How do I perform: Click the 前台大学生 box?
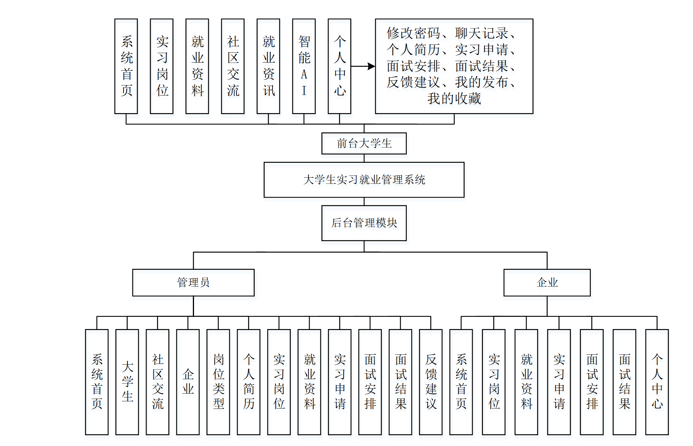point(364,143)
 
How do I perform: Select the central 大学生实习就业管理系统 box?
point(364,180)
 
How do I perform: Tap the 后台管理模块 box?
point(364,223)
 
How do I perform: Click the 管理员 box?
point(193,282)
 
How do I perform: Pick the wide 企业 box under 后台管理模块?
point(547,282)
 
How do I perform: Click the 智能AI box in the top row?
point(304,66)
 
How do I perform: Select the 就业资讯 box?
point(268,66)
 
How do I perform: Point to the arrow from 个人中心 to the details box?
point(363,66)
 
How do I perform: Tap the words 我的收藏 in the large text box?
point(454,99)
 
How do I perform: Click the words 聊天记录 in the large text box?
point(482,33)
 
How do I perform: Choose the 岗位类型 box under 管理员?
point(218,382)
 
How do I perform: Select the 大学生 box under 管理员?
point(127,382)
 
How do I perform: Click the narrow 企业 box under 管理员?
point(188,382)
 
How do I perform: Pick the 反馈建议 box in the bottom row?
point(430,382)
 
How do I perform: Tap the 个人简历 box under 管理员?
point(249,382)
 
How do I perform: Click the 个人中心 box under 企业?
point(657,382)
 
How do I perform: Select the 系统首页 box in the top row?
point(126,66)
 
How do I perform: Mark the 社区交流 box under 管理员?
point(157,382)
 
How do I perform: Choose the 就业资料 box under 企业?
point(526,382)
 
